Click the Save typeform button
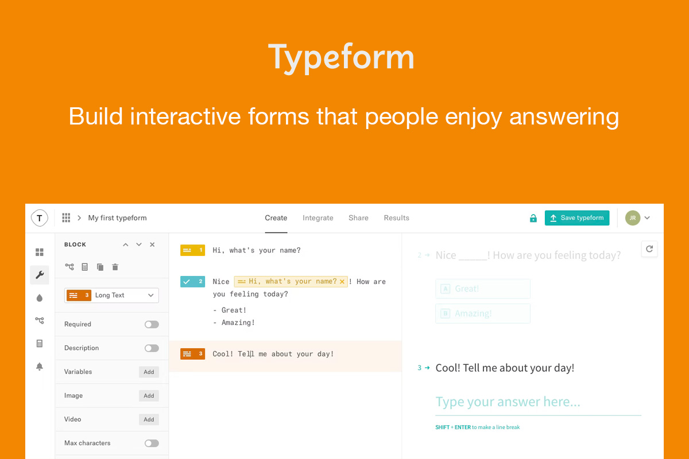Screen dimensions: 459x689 coord(576,218)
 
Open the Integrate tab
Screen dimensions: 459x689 coord(318,218)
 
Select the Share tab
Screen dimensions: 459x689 coord(358,218)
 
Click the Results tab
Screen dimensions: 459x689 coord(396,218)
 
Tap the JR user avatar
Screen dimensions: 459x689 coord(632,218)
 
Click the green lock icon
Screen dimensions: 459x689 coord(533,218)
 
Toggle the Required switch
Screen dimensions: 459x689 coord(152,324)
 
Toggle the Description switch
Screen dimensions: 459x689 coord(152,348)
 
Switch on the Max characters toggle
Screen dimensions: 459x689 coord(152,443)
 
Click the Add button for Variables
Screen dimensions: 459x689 coord(149,372)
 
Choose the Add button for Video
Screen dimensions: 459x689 coord(149,419)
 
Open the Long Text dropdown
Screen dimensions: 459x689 coord(111,295)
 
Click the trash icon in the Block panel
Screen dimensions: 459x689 coord(115,267)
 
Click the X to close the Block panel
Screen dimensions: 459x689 coord(152,244)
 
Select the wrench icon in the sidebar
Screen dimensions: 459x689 coord(40,275)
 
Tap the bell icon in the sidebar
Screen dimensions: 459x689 coord(40,367)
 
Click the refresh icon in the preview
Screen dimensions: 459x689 coord(649,249)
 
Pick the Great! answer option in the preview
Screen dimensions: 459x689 coord(482,289)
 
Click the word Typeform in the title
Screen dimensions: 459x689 coord(341,57)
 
